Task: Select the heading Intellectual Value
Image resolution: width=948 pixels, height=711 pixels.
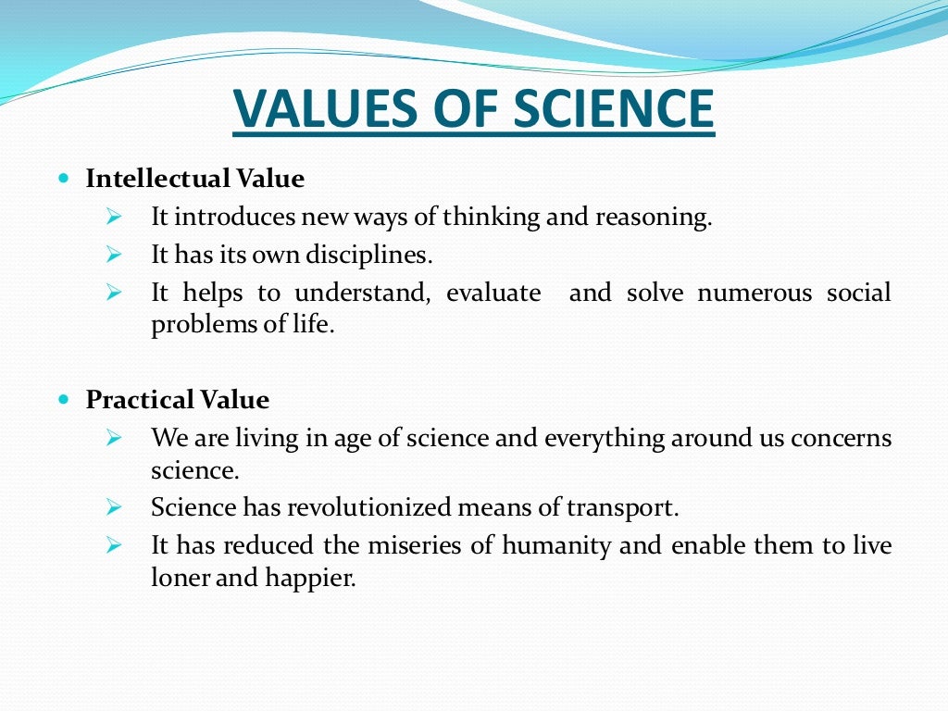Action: tap(195, 178)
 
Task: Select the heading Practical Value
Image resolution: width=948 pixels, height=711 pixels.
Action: tap(178, 400)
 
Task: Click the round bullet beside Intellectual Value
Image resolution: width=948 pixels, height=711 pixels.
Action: tap(64, 177)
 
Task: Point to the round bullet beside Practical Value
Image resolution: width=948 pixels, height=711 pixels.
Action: tap(64, 399)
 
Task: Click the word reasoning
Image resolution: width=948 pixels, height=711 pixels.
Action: tap(654, 218)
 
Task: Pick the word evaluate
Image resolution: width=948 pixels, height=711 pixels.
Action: tap(493, 293)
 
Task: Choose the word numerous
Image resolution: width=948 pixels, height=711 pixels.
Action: tap(751, 293)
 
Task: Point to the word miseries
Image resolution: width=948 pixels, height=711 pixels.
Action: tap(417, 545)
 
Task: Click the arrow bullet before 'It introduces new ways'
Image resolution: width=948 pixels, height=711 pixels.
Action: tap(114, 218)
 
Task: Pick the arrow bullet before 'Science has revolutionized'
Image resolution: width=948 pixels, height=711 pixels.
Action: tap(114, 506)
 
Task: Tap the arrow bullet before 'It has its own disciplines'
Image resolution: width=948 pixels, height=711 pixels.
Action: tap(114, 253)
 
